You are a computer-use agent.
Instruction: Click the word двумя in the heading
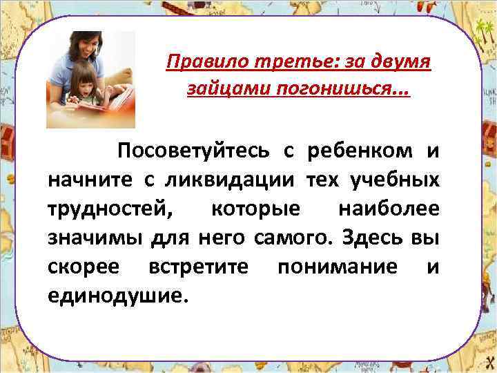[400, 64]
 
